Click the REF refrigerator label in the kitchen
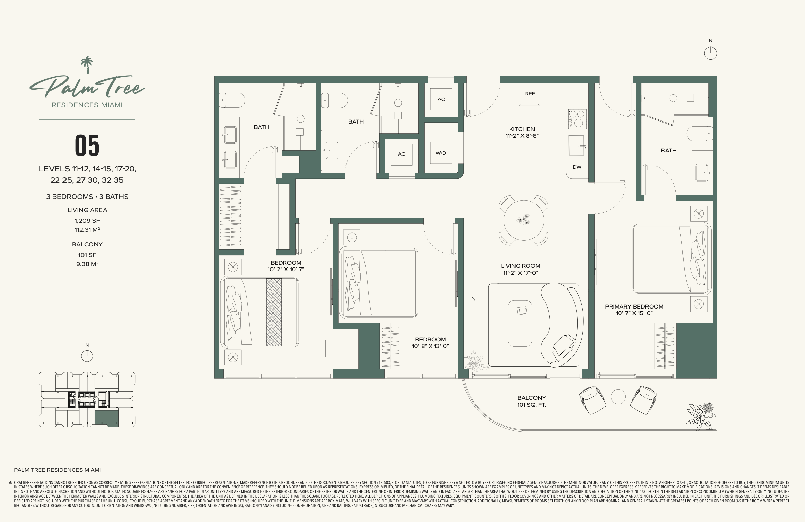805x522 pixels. coord(530,94)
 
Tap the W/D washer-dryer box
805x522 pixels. coord(441,153)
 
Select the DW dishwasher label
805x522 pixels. coord(577,167)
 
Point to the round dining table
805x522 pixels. coord(524,220)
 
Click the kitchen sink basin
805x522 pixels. coord(577,146)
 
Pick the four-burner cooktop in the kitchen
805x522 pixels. coord(578,119)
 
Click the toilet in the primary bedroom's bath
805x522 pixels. coord(699,134)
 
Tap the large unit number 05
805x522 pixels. coord(87,146)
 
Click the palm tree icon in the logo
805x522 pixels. coord(87,65)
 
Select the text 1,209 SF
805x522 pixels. coord(87,221)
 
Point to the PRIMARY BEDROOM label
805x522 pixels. coord(634,306)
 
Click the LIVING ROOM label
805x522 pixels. coord(520,266)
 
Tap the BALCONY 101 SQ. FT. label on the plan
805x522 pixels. coord(531,401)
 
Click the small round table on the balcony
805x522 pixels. coord(618,397)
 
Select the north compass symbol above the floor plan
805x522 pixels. coord(710,53)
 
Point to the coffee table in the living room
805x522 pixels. coord(520,323)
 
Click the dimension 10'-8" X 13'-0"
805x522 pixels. coord(430,346)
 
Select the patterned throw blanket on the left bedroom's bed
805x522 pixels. coord(274,312)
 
